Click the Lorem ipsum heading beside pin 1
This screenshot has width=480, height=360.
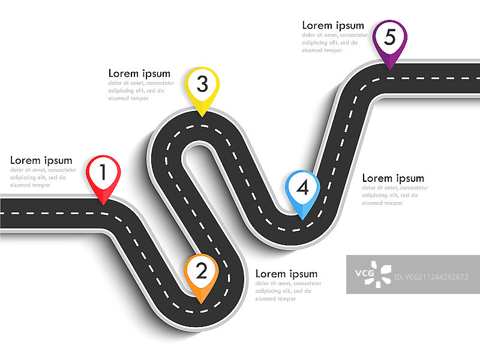pyautogui.click(x=41, y=161)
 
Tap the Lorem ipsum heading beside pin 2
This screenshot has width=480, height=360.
pyautogui.click(x=286, y=274)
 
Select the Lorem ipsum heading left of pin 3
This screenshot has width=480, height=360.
pyautogui.click(x=139, y=74)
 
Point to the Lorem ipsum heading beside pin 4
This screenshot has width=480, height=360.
pyautogui.click(x=393, y=178)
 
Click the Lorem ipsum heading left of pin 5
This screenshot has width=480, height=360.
pyautogui.click(x=333, y=25)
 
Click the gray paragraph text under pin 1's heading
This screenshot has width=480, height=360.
pyautogui.click(x=38, y=178)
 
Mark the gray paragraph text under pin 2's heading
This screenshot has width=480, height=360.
pyautogui.click(x=284, y=291)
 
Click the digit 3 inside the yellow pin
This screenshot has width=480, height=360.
pyautogui.click(x=202, y=85)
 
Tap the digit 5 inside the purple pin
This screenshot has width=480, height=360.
pyautogui.click(x=390, y=37)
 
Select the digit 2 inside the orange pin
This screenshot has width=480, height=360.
pyautogui.click(x=202, y=271)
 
